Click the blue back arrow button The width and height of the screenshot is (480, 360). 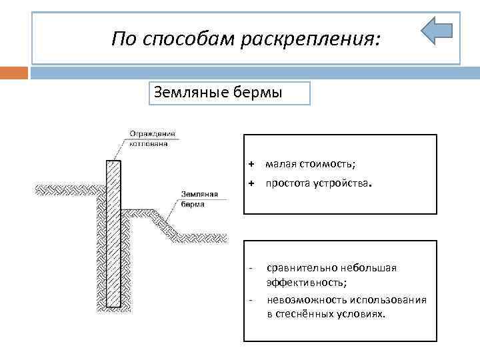(437, 31)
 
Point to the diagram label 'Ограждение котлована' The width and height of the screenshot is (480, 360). (149, 137)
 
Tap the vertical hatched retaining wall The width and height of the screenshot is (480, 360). (113, 233)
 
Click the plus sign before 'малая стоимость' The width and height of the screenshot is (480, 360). (251, 164)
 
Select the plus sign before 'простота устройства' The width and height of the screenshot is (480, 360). (251, 183)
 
